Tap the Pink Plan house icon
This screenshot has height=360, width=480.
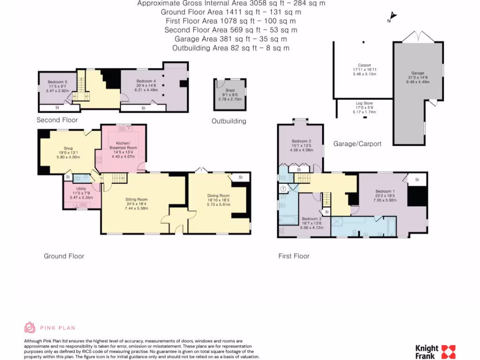point(30,328)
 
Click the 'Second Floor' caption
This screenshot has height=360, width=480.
point(57,120)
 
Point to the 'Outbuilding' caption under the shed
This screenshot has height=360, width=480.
point(229,121)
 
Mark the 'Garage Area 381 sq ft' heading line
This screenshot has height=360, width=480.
point(230,39)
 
